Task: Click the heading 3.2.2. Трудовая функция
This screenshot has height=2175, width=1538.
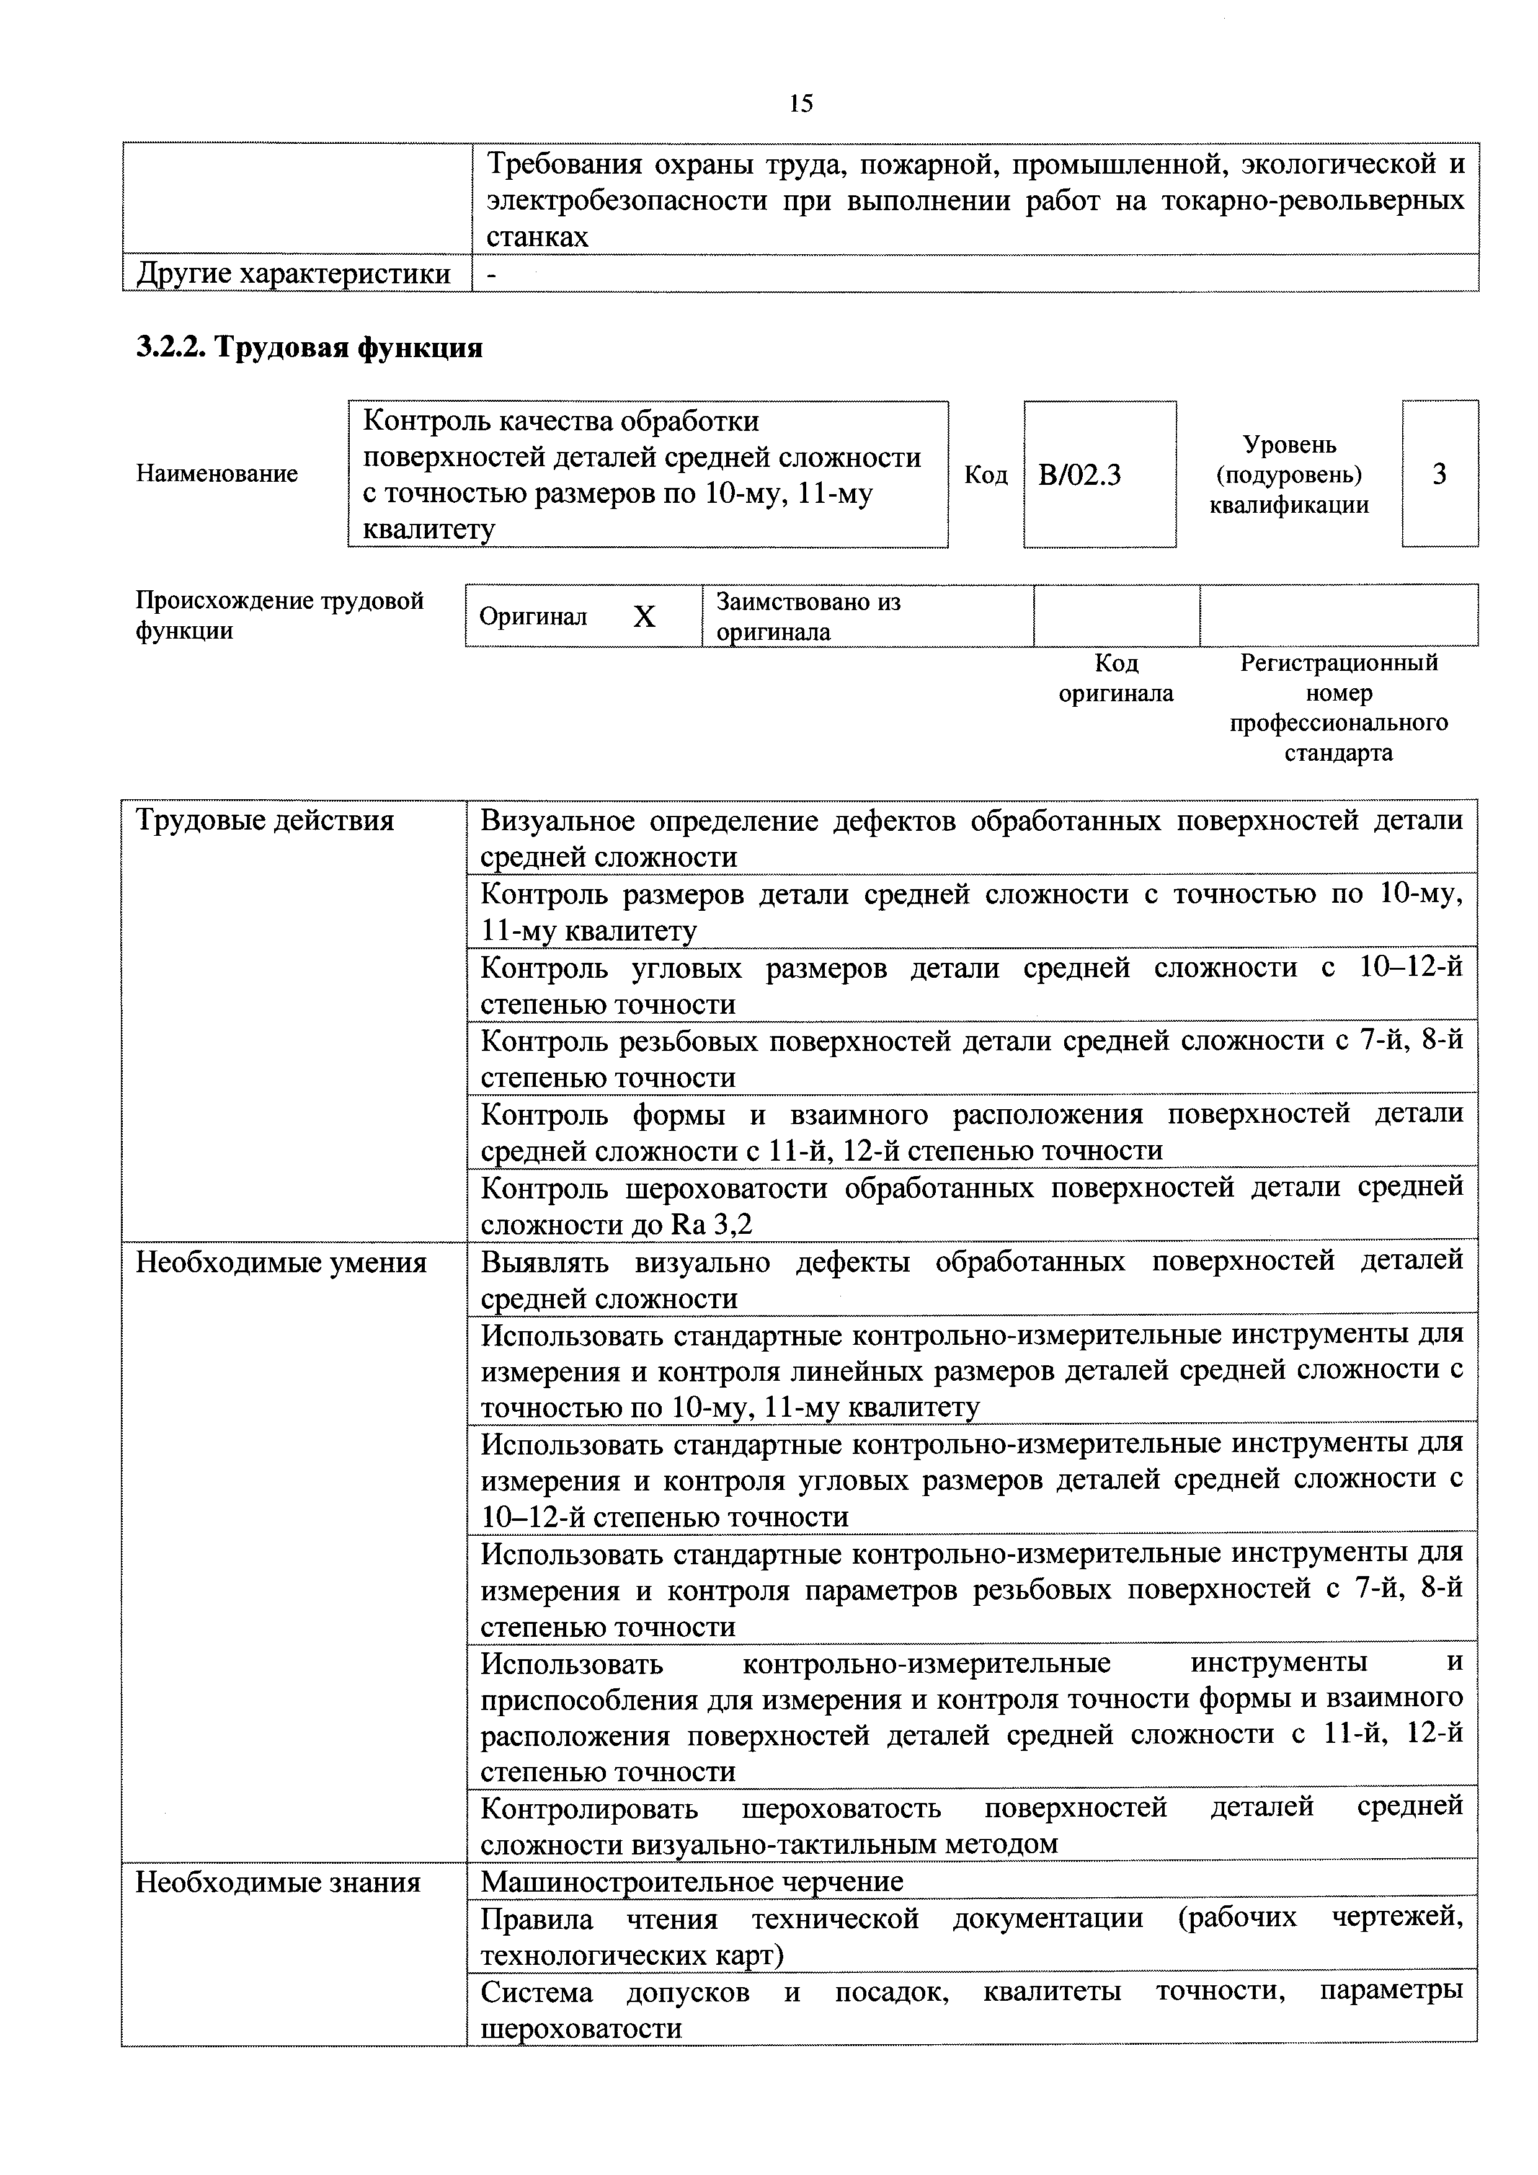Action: (x=309, y=348)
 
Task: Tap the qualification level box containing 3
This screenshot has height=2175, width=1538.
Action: (x=1439, y=474)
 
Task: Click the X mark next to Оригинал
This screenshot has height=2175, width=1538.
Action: (x=644, y=618)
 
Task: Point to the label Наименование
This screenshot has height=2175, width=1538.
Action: (x=217, y=474)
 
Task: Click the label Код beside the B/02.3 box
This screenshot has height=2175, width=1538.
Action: (x=985, y=474)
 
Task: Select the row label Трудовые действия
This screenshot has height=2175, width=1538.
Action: (x=264, y=820)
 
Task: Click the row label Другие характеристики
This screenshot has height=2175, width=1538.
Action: (x=294, y=274)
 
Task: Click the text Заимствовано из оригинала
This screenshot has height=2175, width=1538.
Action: (x=807, y=617)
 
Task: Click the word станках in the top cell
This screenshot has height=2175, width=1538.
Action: (x=537, y=237)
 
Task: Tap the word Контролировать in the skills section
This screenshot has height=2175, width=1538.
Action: (x=589, y=1809)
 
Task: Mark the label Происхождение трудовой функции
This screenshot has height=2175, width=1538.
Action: (x=280, y=616)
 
